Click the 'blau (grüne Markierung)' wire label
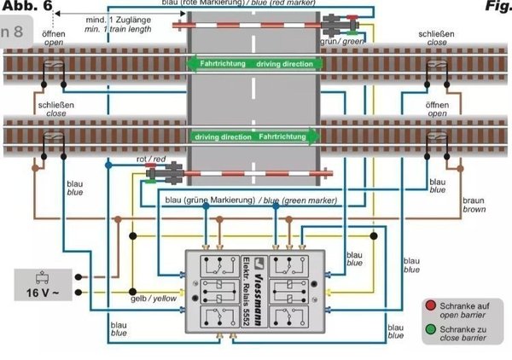tap(247, 200)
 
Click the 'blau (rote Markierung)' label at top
tap(247, 3)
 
